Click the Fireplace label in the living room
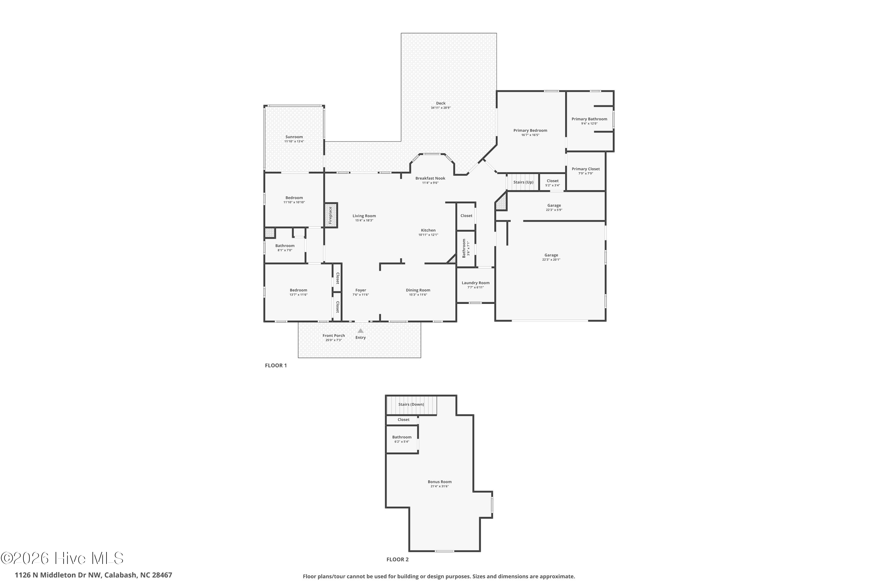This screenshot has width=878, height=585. pos(330,215)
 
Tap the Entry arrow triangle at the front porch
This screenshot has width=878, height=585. pos(361,331)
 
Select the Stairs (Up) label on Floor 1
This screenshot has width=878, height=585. pos(523,182)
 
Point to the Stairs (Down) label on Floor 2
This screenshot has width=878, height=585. pos(411,405)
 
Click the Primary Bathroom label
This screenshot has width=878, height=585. pos(589,119)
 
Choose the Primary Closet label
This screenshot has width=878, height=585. pos(586,169)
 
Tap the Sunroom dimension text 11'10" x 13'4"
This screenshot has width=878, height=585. pos(294,141)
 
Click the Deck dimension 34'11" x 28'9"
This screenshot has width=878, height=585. pos(441,108)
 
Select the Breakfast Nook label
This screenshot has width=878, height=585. pos(431,178)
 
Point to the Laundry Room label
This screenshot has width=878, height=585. pos(476,283)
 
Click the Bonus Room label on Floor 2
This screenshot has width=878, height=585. pos(440,482)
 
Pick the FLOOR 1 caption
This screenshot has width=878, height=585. pos(276,366)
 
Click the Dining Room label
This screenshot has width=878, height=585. pos(418,290)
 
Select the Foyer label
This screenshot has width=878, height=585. pos(361,290)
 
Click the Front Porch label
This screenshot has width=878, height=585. pos(334,336)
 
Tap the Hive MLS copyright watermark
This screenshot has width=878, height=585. pos(62,558)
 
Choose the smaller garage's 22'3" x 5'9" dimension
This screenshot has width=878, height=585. pos(554,210)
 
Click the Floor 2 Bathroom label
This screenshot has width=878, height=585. pos(402,437)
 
